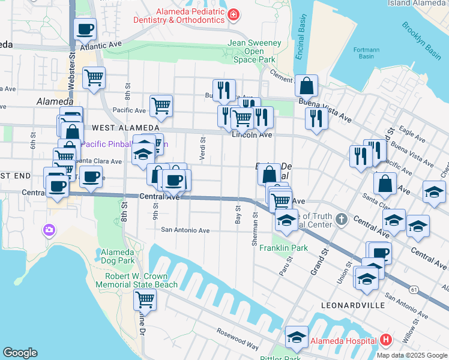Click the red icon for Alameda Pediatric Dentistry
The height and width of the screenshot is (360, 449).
pyautogui.click(x=234, y=14)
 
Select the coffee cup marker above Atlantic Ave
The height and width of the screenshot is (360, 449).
pyautogui.click(x=85, y=28)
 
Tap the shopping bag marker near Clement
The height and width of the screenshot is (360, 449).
pyautogui.click(x=306, y=86)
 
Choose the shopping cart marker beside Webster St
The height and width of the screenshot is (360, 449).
pyautogui.click(x=94, y=77)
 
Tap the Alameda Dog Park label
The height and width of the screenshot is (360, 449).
pyautogui.click(x=118, y=256)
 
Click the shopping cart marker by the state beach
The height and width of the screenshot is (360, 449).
pyautogui.click(x=145, y=299)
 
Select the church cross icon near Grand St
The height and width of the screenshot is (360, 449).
pyautogui.click(x=342, y=217)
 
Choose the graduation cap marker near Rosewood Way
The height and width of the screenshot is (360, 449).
pyautogui.click(x=297, y=337)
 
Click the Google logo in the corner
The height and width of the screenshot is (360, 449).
pyautogui.click(x=20, y=353)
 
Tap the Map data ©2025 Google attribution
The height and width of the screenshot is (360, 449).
pyautogui.click(x=412, y=355)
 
